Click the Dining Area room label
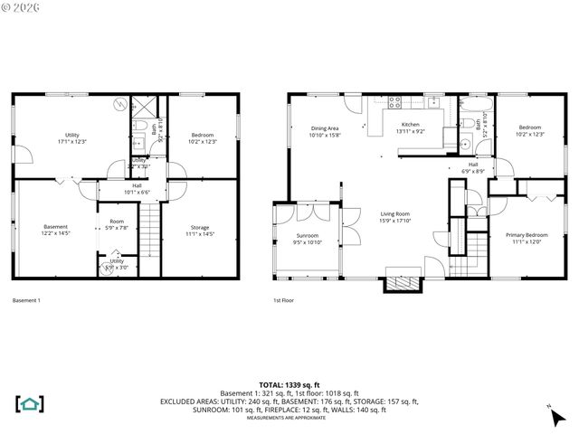click(325, 131)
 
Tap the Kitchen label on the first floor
click(411, 127)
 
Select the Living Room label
click(395, 216)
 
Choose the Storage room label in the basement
click(199, 230)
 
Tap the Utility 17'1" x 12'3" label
click(72, 137)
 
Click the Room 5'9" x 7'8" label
click(117, 224)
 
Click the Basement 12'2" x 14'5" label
click(56, 230)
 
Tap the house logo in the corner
click(30, 403)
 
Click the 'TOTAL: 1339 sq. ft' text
click(289, 385)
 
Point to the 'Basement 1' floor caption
click(26, 300)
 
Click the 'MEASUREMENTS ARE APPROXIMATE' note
click(289, 417)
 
